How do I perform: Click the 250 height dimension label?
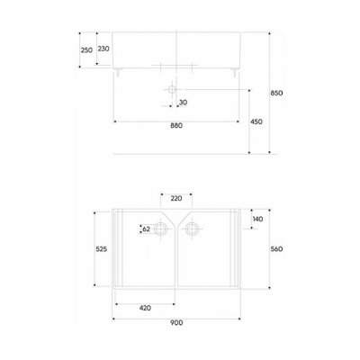[86, 50]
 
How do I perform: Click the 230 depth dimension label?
[103, 49]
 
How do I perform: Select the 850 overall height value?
[276, 93]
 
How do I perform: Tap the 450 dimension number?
[256, 121]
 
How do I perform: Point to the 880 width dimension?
[176, 126]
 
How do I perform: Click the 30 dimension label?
[183, 103]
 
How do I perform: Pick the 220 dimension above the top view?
[176, 198]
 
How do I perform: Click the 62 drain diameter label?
[146, 229]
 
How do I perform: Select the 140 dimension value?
[257, 219]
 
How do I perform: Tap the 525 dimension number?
[102, 249]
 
